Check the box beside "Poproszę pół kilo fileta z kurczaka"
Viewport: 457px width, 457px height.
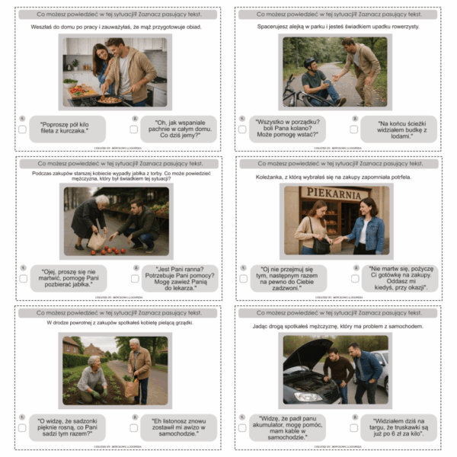click(x=23, y=129)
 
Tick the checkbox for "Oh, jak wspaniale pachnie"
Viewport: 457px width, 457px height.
click(x=134, y=129)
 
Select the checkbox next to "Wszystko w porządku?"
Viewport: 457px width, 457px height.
click(x=243, y=129)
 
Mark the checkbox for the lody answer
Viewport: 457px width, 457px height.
click(x=355, y=129)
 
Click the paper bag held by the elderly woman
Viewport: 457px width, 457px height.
click(x=97, y=240)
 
